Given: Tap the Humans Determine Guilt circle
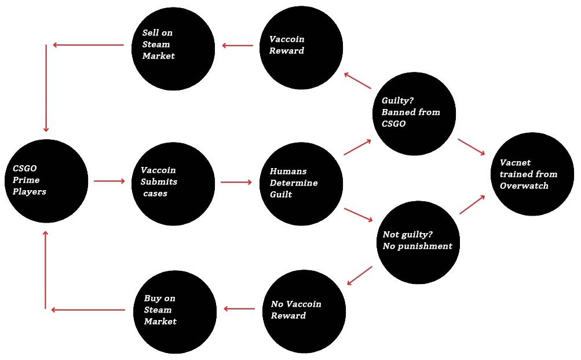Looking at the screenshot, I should point(302,184).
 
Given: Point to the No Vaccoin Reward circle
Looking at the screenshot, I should point(305,311).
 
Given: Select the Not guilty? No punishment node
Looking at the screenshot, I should point(418,241).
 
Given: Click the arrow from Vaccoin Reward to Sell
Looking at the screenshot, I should point(238,45).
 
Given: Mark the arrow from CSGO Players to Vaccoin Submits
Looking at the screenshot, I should point(109,181).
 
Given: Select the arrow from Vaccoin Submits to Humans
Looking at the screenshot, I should point(236,182).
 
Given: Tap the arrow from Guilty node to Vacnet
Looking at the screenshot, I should point(471,147).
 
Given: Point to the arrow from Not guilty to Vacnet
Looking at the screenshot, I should point(472,205).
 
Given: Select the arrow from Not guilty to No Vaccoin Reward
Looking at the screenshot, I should point(360,275).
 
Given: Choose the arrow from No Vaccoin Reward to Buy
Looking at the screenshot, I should point(240,309).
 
